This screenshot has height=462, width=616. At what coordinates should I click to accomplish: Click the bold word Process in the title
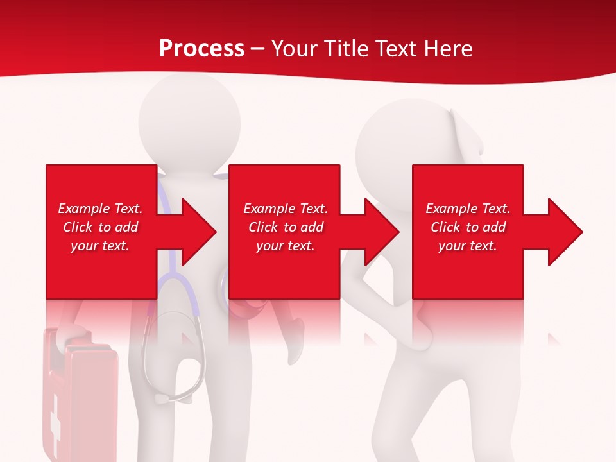click(201, 49)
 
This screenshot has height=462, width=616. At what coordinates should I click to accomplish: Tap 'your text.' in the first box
click(100, 246)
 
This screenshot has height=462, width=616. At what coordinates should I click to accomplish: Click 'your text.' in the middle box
click(286, 246)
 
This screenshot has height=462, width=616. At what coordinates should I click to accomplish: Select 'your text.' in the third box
click(468, 246)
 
